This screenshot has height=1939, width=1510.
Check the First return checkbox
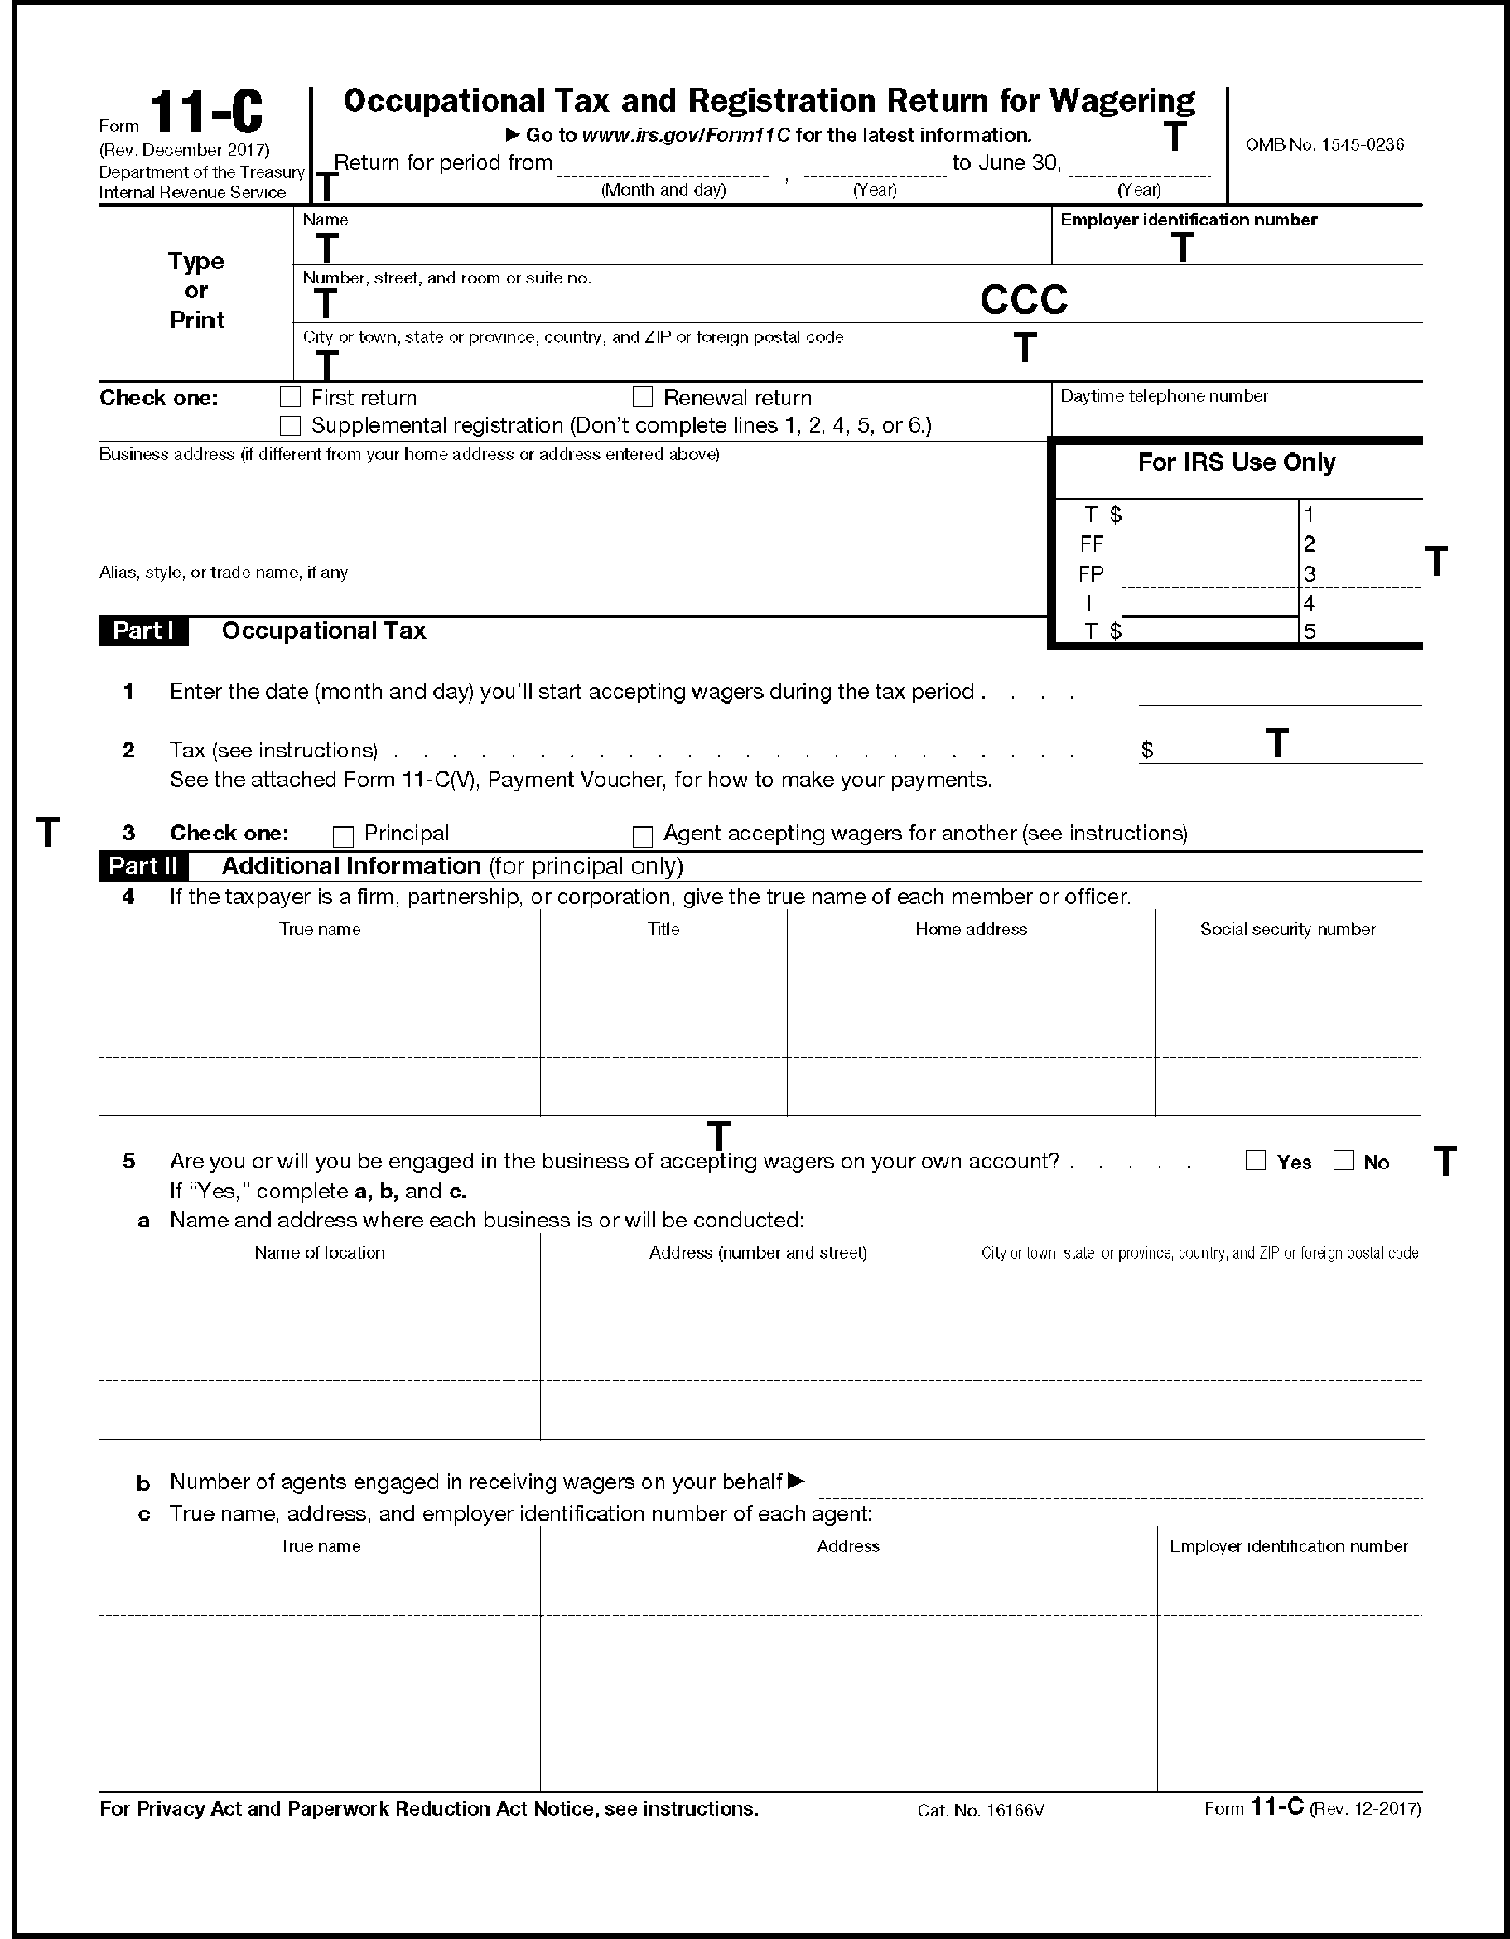coord(290,397)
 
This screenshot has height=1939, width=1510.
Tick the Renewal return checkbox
coord(643,397)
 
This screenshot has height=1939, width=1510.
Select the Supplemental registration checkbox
coord(290,426)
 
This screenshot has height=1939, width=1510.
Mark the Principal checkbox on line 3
coord(343,836)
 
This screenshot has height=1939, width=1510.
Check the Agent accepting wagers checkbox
coord(643,836)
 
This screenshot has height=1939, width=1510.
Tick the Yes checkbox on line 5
coord(1255,1160)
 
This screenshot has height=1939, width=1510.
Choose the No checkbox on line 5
coord(1344,1160)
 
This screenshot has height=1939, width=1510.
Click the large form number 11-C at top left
coord(206,114)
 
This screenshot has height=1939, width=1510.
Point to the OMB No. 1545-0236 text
coord(1324,145)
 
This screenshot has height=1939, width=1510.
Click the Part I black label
coord(143,631)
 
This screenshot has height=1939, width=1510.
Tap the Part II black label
coord(143,866)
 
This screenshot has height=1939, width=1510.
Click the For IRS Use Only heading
coord(1237,462)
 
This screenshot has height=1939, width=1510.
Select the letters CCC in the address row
coord(1024,300)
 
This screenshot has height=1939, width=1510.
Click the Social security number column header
coord(1287,929)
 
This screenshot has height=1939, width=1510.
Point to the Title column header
coord(663,929)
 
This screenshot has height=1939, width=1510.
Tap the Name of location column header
coord(320,1253)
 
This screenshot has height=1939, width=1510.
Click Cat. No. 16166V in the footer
coord(981,1810)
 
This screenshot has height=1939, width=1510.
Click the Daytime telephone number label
coord(1164,396)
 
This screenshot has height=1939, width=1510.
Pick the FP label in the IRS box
coord(1091,574)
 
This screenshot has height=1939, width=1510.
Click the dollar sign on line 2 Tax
coord(1147,750)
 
